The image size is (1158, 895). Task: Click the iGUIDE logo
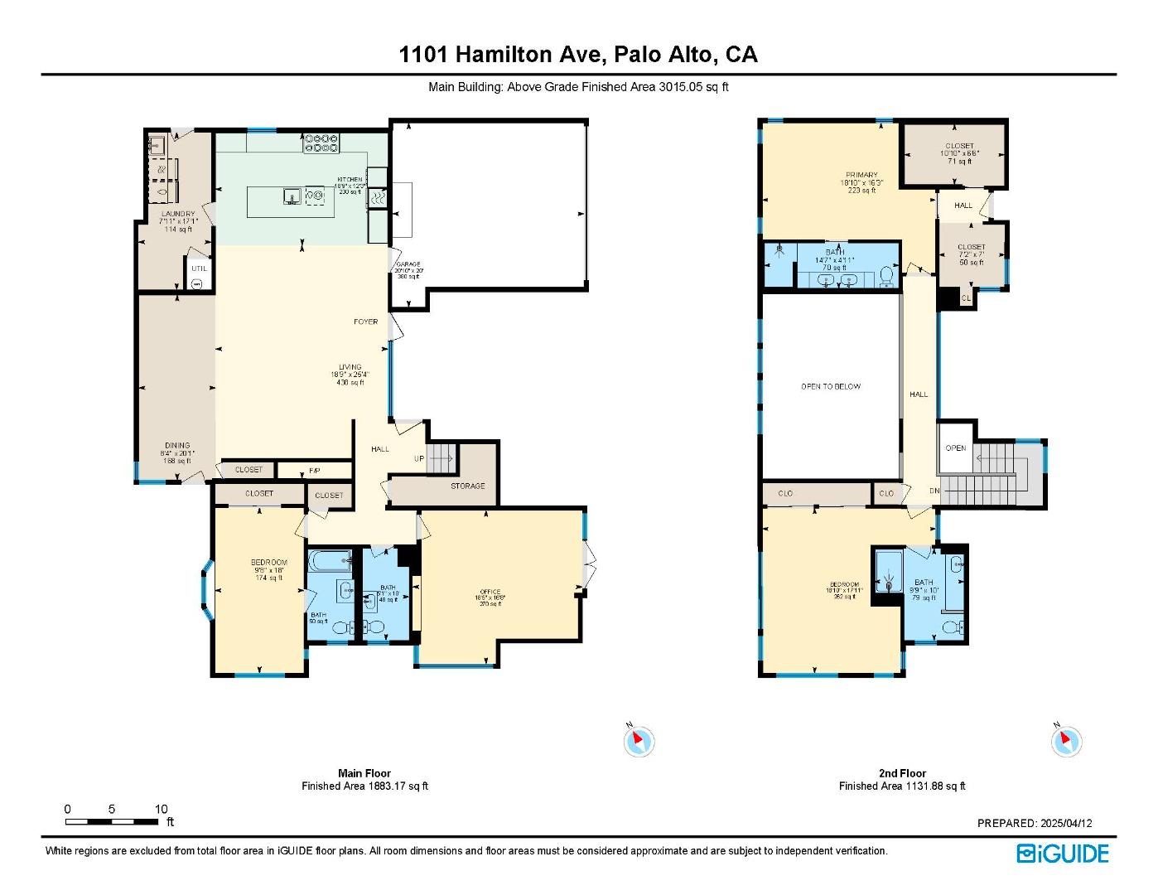tap(1063, 854)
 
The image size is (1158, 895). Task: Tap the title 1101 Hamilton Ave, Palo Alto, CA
tap(577, 55)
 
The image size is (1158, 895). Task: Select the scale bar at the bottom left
tap(112, 821)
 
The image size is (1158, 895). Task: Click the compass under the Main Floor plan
tap(639, 741)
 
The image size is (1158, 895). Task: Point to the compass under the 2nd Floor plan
tap(1066, 741)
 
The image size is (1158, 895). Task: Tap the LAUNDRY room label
tap(178, 214)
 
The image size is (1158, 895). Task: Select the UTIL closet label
tap(199, 268)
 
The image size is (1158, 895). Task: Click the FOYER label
tap(366, 322)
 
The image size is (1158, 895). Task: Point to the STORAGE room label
tap(468, 486)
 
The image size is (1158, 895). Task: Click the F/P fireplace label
tap(315, 471)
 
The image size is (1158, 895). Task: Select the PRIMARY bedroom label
tap(861, 175)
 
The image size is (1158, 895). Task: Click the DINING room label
tap(176, 446)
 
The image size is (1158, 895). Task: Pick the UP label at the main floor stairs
tap(420, 458)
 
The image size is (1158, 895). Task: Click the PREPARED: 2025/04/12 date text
tap(1035, 823)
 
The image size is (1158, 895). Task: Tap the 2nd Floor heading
tap(902, 773)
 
